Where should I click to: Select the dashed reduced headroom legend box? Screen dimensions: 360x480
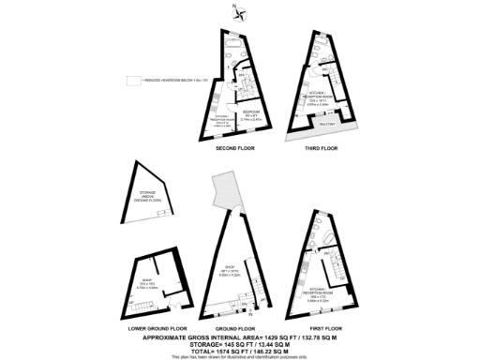pos(133,81)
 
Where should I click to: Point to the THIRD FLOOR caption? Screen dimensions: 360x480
pos(321,149)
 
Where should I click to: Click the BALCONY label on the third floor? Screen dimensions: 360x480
pos(327,122)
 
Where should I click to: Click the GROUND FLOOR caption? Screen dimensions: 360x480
pos(234,329)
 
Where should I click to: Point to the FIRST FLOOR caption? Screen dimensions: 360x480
pos(321,329)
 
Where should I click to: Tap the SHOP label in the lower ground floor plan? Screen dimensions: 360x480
pos(147,285)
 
